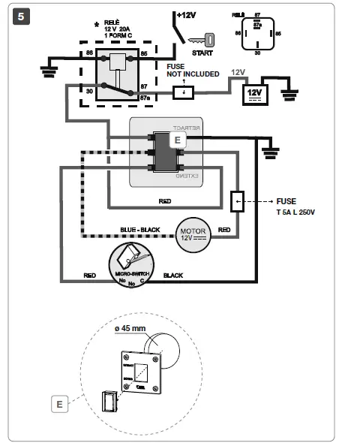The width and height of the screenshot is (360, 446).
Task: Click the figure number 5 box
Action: click(22, 17)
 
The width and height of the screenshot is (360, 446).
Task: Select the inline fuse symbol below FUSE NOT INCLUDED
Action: click(182, 92)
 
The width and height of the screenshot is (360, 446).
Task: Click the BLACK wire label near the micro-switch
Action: click(172, 276)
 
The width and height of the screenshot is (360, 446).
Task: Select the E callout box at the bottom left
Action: click(59, 404)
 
